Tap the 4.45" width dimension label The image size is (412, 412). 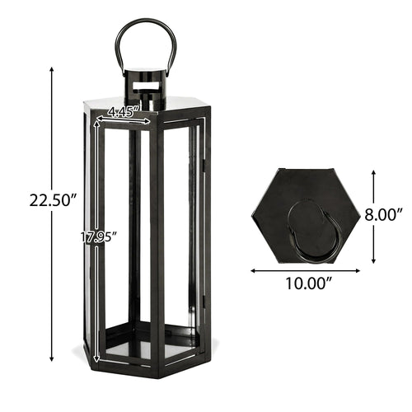pyautogui.click(x=124, y=109)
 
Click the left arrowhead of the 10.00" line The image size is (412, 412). pyautogui.click(x=251, y=269)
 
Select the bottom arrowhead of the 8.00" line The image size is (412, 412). pyautogui.click(x=375, y=257)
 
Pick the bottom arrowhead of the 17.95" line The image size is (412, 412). pyautogui.click(x=98, y=359)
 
